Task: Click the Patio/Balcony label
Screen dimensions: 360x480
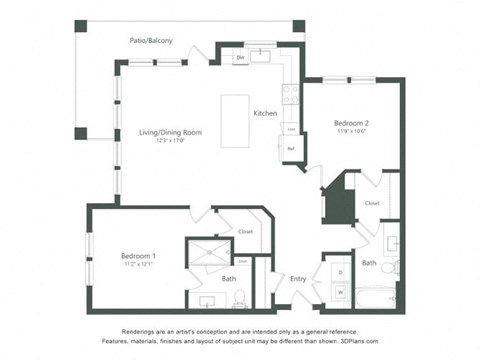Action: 150,40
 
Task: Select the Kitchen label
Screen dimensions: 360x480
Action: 265,112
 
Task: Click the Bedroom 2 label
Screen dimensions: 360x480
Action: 353,122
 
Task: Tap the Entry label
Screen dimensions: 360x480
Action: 298,279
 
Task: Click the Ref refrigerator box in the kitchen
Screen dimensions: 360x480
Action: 291,148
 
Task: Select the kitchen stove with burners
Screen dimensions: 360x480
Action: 290,94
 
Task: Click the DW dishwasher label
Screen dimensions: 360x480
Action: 240,58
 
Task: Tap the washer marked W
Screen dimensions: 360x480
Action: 340,292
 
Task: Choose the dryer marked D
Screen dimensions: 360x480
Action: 340,271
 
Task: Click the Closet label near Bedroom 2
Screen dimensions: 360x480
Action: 372,203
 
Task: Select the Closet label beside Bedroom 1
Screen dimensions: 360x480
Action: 245,231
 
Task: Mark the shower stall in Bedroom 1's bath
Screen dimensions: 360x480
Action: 208,256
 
